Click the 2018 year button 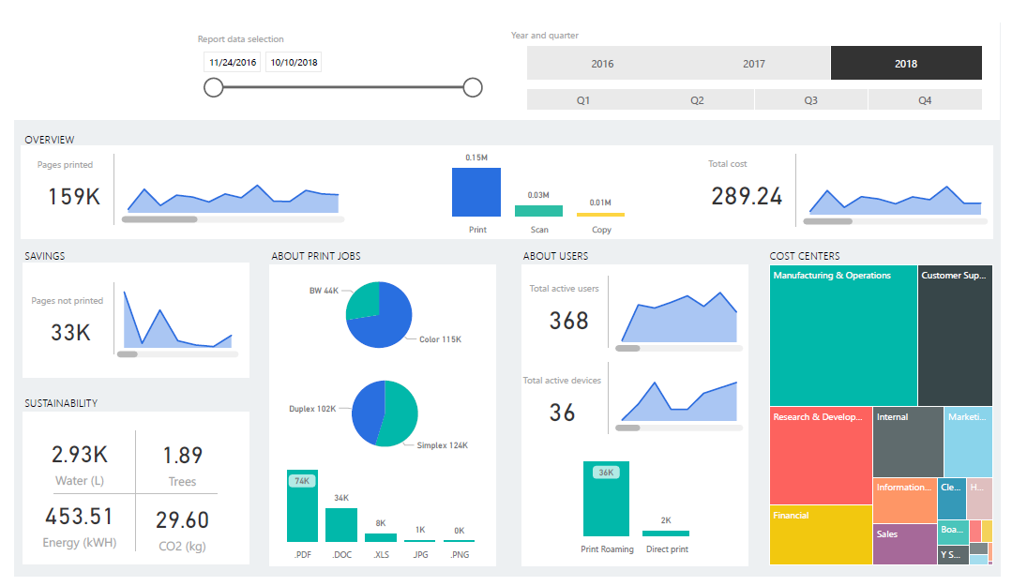(x=906, y=64)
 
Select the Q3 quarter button (x=810, y=100)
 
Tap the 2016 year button (x=602, y=64)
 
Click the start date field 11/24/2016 (x=233, y=63)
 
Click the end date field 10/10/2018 (x=294, y=63)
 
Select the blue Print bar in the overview (x=476, y=192)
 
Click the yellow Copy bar (x=600, y=215)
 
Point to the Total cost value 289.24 (x=747, y=196)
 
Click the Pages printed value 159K (x=73, y=197)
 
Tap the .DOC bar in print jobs (x=341, y=524)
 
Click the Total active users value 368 (x=569, y=321)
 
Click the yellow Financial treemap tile (x=820, y=534)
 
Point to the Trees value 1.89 (x=182, y=456)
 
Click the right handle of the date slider (x=473, y=88)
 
